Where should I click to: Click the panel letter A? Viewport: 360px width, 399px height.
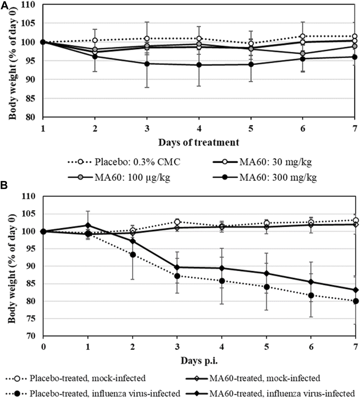pos(5,5)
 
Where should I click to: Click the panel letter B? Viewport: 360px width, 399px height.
pos(4,185)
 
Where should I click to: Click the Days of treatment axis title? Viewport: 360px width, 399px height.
pos(199,142)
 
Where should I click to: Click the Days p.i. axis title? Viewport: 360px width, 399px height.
pos(199,360)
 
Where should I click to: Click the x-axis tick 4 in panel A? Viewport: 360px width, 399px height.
pos(199,129)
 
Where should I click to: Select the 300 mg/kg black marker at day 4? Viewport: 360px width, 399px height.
pos(199,65)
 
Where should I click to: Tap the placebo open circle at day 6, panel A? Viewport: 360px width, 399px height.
pos(302,36)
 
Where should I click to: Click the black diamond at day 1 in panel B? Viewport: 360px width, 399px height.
pos(88,225)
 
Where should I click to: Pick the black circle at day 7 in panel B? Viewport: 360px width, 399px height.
pos(356,301)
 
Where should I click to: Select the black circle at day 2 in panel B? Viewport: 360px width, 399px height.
pos(132,254)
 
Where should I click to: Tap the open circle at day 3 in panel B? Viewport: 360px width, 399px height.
pos(177,222)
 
